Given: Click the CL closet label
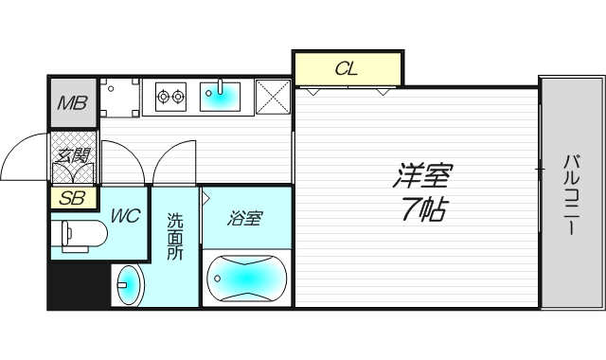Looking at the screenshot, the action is pyautogui.click(x=347, y=69).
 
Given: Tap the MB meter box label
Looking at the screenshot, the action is pyautogui.click(x=73, y=103).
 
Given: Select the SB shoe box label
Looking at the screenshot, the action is pyautogui.click(x=72, y=198).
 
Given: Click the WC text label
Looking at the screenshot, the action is pyautogui.click(x=126, y=215).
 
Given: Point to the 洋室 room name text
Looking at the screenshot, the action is pyautogui.click(x=423, y=175).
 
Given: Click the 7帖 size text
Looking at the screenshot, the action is pyautogui.click(x=424, y=208).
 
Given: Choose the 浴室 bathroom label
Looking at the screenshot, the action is pyautogui.click(x=245, y=218).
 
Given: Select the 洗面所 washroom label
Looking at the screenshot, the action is pyautogui.click(x=175, y=236).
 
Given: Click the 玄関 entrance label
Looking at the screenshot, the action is pyautogui.click(x=72, y=155).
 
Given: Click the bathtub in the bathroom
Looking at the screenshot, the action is pyautogui.click(x=247, y=278).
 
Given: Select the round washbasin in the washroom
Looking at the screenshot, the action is pyautogui.click(x=129, y=285).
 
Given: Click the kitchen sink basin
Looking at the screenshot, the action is pyautogui.click(x=220, y=96).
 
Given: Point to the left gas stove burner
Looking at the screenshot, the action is pyautogui.click(x=163, y=97).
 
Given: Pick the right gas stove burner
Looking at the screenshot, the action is pyautogui.click(x=178, y=97).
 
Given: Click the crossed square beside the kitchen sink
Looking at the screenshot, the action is pyautogui.click(x=273, y=97).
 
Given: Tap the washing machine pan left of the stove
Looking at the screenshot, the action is pyautogui.click(x=120, y=98).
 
